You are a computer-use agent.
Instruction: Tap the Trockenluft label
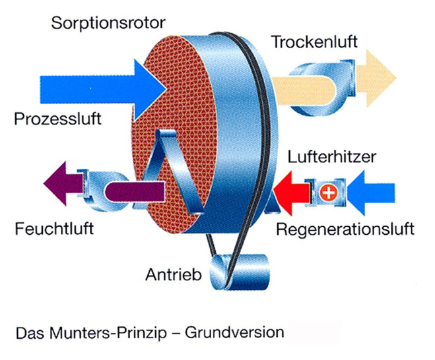314,42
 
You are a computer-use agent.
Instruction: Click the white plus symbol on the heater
328,193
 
